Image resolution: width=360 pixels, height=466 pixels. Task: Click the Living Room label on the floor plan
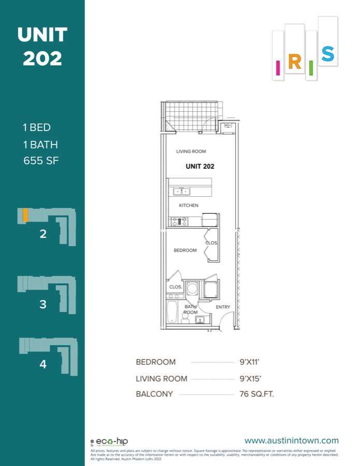(191, 152)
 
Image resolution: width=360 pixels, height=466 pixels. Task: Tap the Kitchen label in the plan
(189, 206)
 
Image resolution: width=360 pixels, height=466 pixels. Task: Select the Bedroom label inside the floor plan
(185, 251)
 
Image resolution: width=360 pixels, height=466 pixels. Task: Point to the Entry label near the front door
(223, 307)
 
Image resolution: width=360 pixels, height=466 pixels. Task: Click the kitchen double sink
(181, 192)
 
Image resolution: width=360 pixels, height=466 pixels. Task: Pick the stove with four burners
(179, 222)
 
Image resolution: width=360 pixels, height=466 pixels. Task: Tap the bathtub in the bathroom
(172, 312)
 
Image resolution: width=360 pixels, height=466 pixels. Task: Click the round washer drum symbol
(193, 288)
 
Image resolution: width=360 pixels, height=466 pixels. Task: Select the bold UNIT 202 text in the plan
(200, 167)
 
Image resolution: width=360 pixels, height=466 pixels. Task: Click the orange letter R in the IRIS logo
(294, 62)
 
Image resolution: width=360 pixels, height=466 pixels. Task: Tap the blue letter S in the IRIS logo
(327, 53)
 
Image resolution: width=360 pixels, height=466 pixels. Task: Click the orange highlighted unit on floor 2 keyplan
(25, 215)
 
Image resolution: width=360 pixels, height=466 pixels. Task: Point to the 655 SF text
(41, 161)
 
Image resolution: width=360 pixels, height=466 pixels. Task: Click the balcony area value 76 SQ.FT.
(257, 394)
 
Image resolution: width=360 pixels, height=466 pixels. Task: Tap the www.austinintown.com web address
(291, 441)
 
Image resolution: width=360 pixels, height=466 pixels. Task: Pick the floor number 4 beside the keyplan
(43, 365)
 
